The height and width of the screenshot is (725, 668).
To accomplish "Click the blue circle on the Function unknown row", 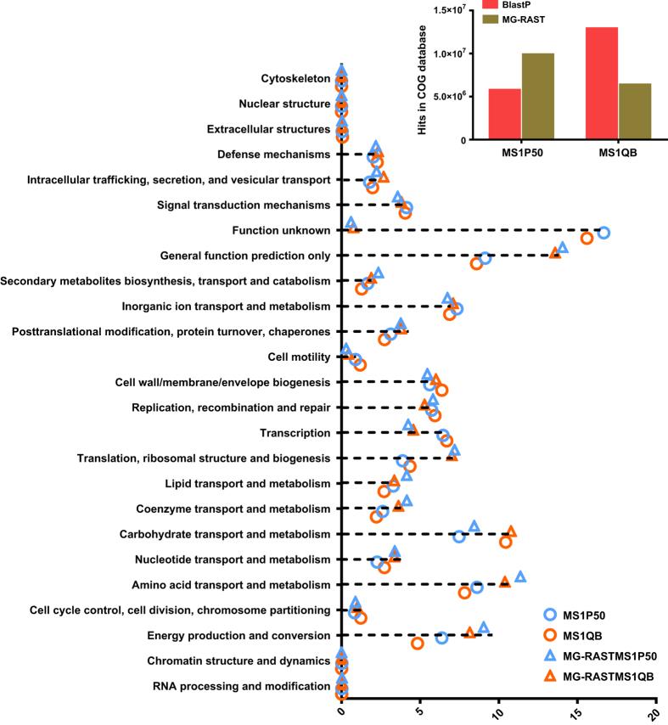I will pyautogui.click(x=603, y=232).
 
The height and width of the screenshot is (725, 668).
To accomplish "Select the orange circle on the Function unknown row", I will pyautogui.click(x=587, y=239).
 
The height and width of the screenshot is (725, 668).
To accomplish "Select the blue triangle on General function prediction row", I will pyautogui.click(x=563, y=247).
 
